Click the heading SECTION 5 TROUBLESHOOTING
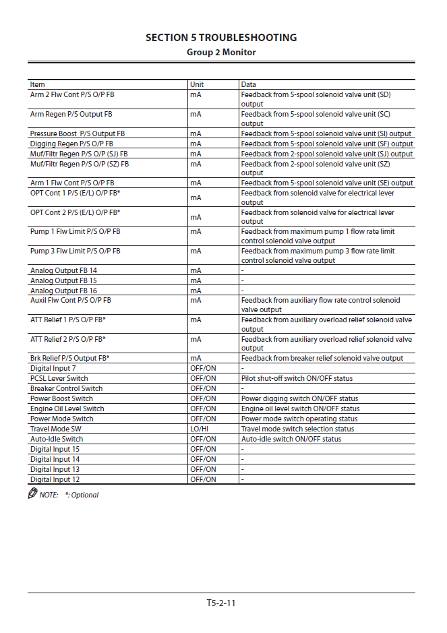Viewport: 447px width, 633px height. coord(221,38)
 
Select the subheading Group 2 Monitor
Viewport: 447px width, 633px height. coord(221,52)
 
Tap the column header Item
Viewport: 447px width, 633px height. coord(38,85)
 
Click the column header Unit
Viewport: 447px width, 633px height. coord(197,85)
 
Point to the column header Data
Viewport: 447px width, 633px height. coord(249,85)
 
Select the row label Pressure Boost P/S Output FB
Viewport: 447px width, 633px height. coord(78,133)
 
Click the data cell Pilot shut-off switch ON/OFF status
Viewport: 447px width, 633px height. coord(297,378)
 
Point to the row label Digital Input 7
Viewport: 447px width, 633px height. coord(53,368)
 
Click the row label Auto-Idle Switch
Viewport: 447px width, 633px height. coord(57,439)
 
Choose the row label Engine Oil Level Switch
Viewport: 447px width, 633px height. coord(67,409)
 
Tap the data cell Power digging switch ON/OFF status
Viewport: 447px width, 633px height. coord(299,398)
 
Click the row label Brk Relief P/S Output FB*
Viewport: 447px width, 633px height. coord(70,358)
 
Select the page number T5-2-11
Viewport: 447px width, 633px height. coord(221,603)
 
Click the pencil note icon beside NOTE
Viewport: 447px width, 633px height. coord(32,494)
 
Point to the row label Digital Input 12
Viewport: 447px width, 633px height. coord(55,479)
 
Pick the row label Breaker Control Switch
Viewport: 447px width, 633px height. coord(67,388)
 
